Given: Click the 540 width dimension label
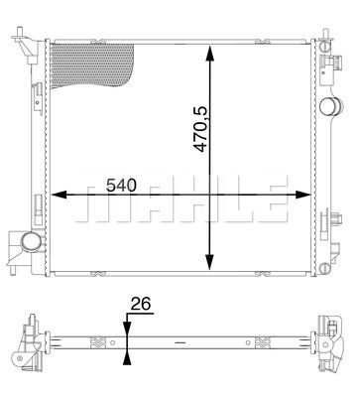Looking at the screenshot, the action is (x=121, y=186).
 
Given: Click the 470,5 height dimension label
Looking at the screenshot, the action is (x=200, y=129).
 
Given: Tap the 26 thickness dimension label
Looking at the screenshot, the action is (x=141, y=304).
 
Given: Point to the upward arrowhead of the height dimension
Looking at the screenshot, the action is (x=209, y=54).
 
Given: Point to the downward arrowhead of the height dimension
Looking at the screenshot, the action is (x=209, y=262).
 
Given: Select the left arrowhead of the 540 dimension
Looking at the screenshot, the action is (x=60, y=195).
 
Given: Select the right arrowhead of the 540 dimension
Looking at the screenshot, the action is (x=303, y=195).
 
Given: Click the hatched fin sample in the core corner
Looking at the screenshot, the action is (x=92, y=66).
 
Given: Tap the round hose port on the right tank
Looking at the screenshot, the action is (x=330, y=106).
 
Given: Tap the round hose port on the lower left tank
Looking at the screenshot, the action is (x=30, y=241).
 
